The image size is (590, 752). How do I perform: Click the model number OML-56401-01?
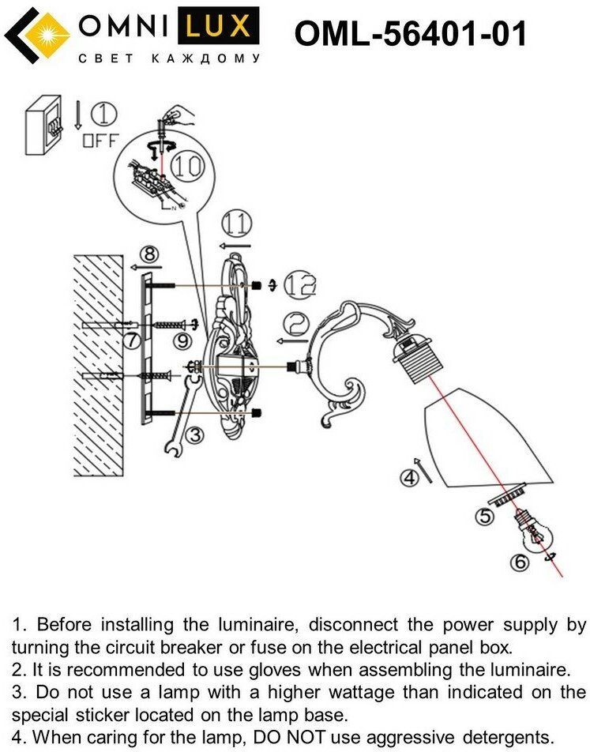pyautogui.click(x=409, y=34)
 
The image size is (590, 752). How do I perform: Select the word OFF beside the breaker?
pyautogui.click(x=100, y=141)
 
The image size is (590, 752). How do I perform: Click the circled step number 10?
pyautogui.click(x=186, y=166)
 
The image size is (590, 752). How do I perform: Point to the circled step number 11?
pyautogui.click(x=235, y=224)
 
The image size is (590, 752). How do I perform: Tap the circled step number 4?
pyautogui.click(x=408, y=476)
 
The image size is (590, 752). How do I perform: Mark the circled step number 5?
pyautogui.click(x=483, y=517)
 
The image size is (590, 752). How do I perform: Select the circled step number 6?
pyautogui.click(x=518, y=562)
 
